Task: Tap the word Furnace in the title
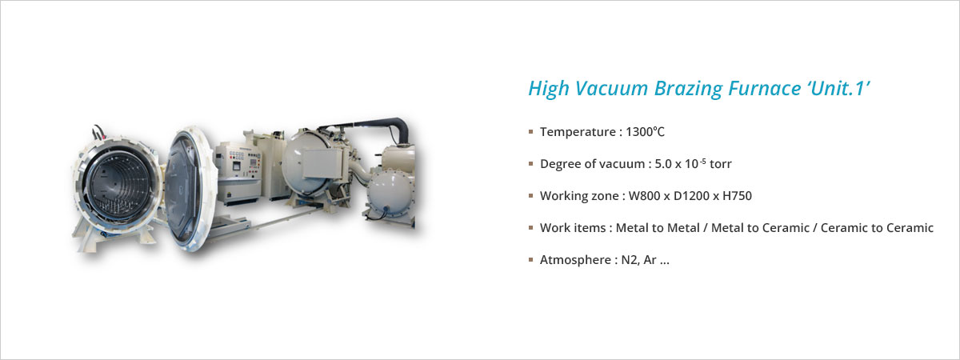pos(765,89)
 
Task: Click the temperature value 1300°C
pos(645,131)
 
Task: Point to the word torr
pos(721,164)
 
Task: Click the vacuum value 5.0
pos(663,164)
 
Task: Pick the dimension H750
pos(737,196)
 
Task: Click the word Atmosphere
pos(575,260)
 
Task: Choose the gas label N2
pos(630,260)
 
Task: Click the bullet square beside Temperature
pos(531,131)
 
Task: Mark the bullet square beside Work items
pos(531,227)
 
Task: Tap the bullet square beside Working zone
pos(531,196)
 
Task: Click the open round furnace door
pos(188,189)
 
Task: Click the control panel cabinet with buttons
pos(238,172)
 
